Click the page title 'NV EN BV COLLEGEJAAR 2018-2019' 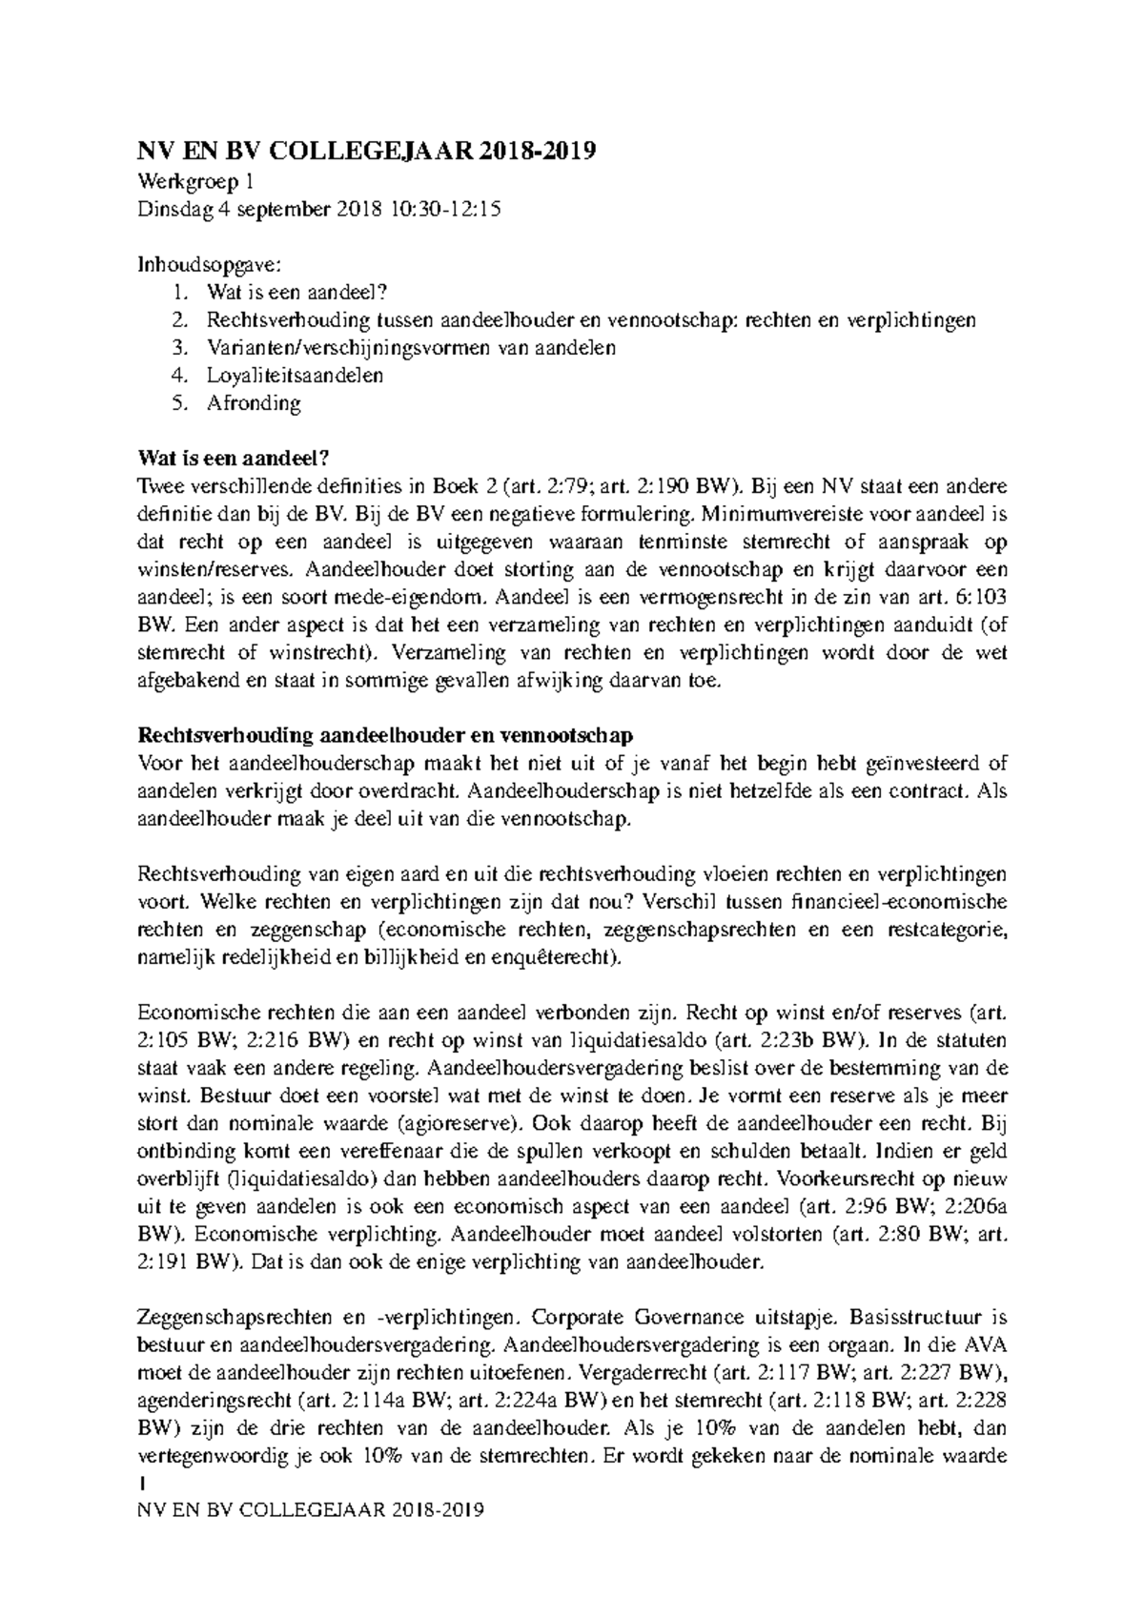367,153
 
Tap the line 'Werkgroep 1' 195,182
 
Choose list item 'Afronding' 254,402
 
